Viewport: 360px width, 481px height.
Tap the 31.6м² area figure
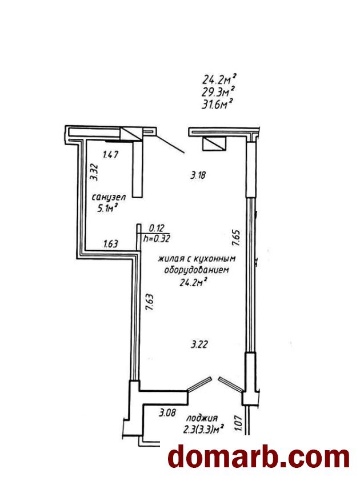[x=217, y=104]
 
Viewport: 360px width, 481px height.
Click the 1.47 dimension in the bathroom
[x=110, y=155]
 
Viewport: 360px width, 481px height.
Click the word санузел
[x=109, y=197]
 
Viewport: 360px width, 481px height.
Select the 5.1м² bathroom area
[x=108, y=209]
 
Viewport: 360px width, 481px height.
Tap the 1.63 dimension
[x=111, y=244]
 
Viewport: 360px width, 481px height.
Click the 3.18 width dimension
[x=198, y=175]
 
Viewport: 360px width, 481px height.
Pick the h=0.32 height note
[x=157, y=238]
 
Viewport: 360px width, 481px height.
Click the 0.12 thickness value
[x=157, y=228]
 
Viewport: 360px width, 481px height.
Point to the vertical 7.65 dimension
[x=235, y=238]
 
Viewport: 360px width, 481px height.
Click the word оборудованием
[x=197, y=270]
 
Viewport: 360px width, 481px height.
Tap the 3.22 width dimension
[x=199, y=344]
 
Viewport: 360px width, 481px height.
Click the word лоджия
[x=202, y=418]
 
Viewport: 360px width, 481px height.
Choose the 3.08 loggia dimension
[x=167, y=412]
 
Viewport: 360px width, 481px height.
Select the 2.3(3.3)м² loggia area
[x=203, y=430]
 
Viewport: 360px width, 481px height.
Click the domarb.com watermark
[x=259, y=457]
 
